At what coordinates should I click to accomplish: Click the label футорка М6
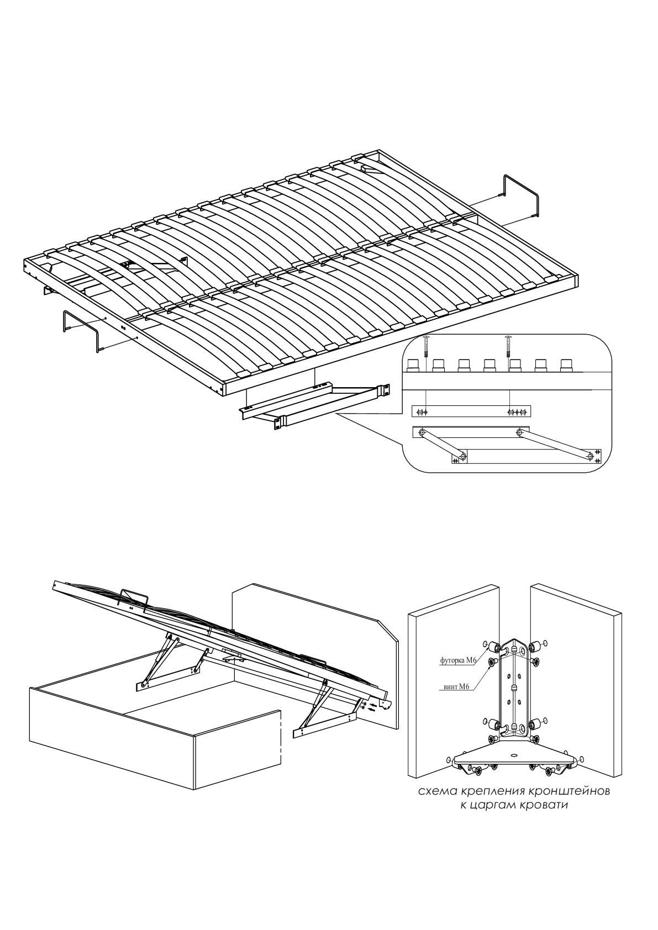(x=458, y=660)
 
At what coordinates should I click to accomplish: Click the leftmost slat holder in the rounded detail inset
(x=413, y=365)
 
